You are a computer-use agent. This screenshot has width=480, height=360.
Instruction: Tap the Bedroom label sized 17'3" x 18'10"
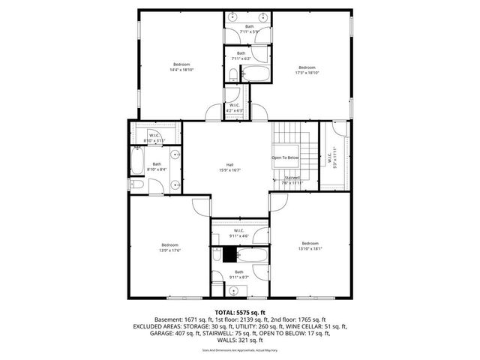pyautogui.click(x=307, y=69)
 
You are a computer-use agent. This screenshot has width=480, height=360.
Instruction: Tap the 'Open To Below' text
pyautogui.click(x=285, y=157)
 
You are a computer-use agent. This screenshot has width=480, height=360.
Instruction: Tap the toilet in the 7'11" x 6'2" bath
pyautogui.click(x=232, y=74)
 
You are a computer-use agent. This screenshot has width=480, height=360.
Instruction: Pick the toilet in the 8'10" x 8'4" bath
pyautogui.click(x=136, y=184)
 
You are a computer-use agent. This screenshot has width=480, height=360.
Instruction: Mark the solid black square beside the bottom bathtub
pyautogui.click(x=228, y=254)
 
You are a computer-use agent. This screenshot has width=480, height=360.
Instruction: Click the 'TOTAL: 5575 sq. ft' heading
pyautogui.click(x=239, y=311)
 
